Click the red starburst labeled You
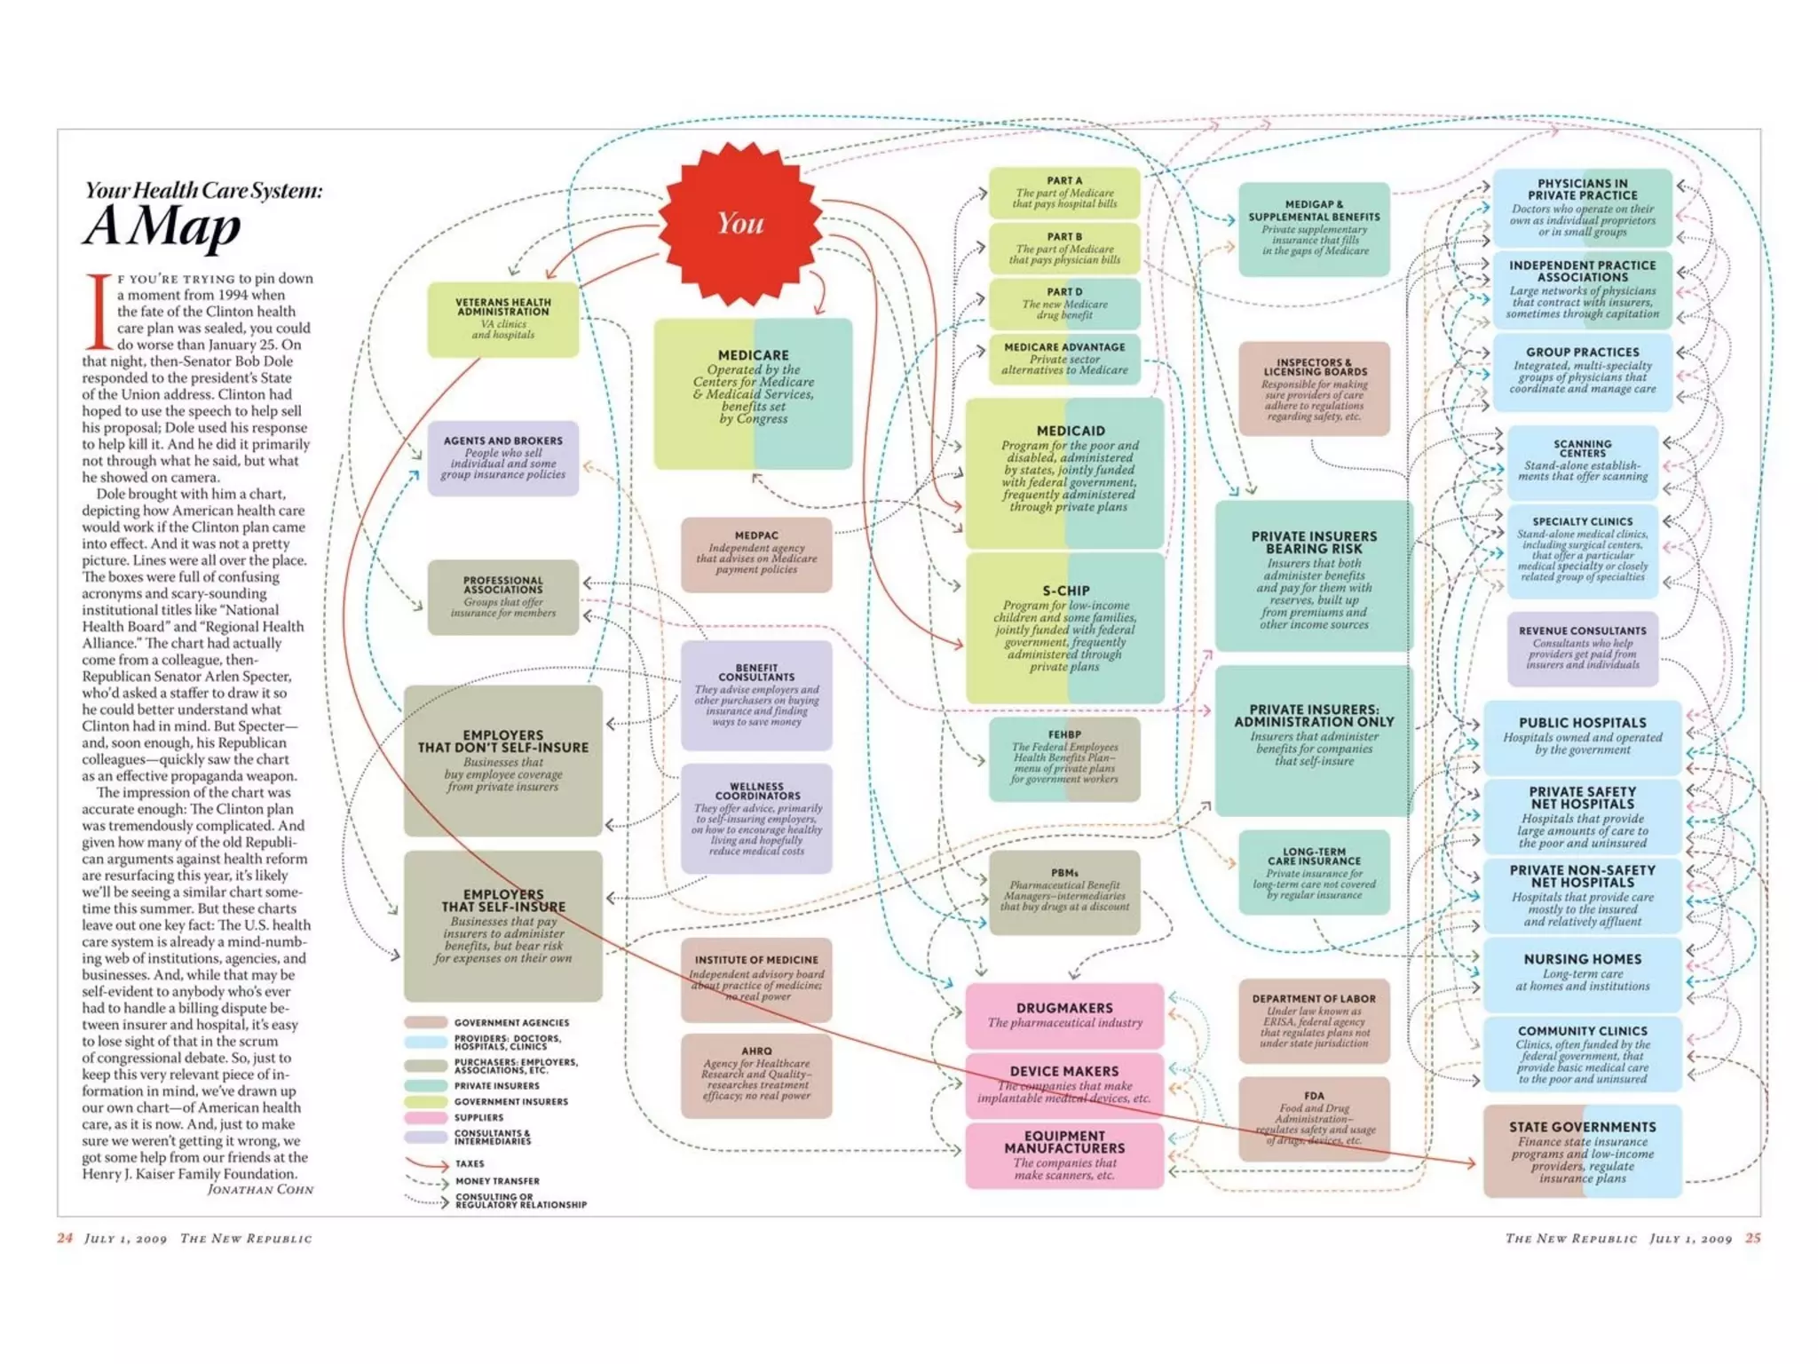740,223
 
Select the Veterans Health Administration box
502,320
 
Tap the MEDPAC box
756,554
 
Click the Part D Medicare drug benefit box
1064,304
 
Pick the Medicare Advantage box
1064,359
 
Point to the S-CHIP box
1064,628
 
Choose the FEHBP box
1064,758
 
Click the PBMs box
1064,891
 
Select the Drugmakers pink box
1064,1015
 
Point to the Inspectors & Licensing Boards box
1314,388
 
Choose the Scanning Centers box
1582,460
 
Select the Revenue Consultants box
1582,648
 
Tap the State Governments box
1582,1151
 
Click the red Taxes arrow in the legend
427,1163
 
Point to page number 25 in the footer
1752,1238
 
